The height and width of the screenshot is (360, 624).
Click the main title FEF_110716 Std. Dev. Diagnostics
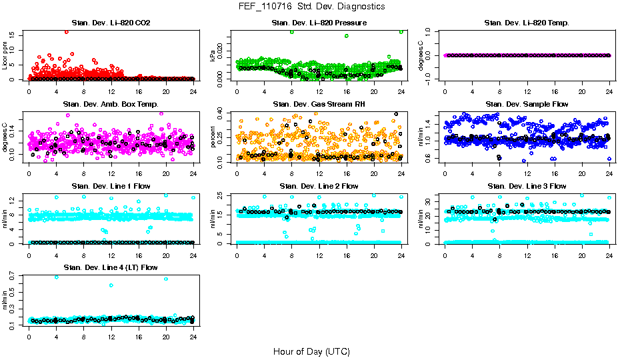(x=311, y=7)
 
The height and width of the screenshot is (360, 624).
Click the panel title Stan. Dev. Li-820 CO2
(x=111, y=23)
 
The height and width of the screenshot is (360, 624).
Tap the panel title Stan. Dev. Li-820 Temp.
(x=527, y=23)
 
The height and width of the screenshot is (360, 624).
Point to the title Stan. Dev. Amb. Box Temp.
(x=111, y=105)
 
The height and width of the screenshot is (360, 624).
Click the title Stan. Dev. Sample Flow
(x=527, y=105)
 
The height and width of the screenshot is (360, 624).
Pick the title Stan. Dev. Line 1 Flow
(x=111, y=186)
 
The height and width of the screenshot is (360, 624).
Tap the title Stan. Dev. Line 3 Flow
(x=527, y=186)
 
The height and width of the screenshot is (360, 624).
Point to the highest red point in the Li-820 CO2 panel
(x=67, y=32)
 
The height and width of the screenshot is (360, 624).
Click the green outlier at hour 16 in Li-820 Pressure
(x=347, y=36)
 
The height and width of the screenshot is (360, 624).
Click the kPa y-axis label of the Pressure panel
(x=213, y=56)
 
